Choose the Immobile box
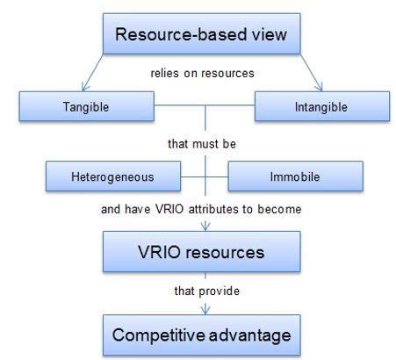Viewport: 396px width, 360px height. [x=294, y=177]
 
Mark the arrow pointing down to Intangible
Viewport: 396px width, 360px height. [x=320, y=86]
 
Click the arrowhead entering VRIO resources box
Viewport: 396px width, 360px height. [x=205, y=227]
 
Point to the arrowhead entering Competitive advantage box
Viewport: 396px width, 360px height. [x=205, y=308]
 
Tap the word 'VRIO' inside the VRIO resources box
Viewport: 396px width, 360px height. [x=164, y=253]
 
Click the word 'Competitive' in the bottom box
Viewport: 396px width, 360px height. [x=158, y=334]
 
